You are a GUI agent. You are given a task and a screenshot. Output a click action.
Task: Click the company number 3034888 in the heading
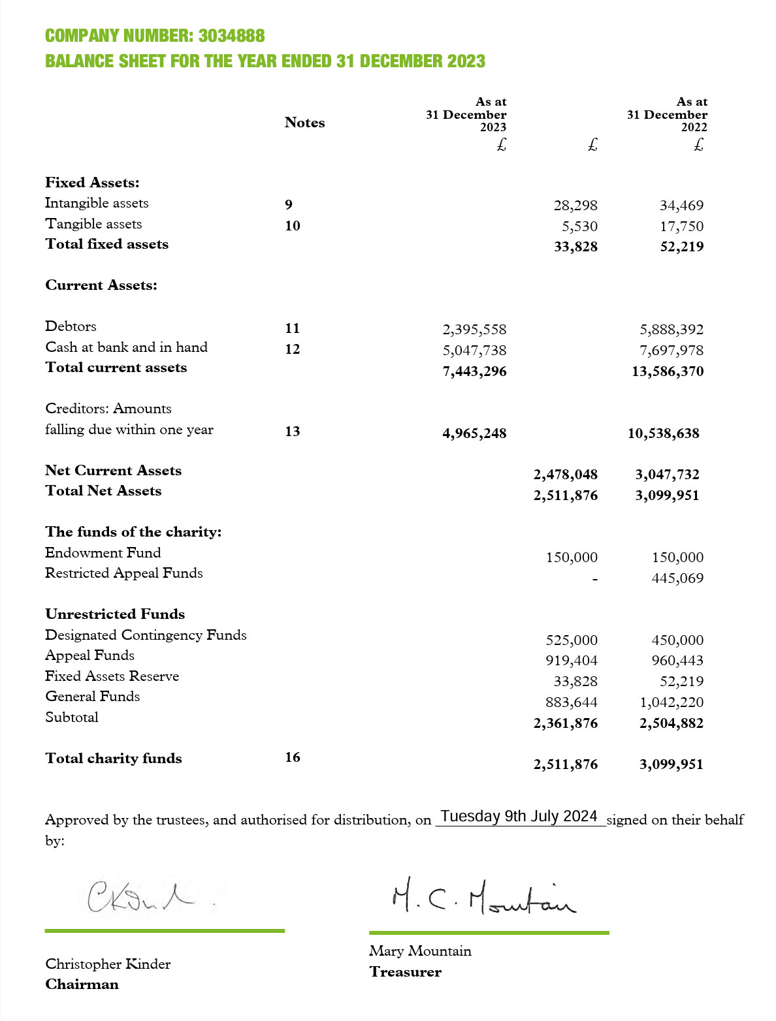[231, 36]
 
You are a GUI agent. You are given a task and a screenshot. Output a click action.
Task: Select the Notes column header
[304, 123]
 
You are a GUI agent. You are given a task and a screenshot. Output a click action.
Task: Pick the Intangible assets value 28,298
[575, 206]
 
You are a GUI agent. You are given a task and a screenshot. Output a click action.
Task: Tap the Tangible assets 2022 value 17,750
[681, 227]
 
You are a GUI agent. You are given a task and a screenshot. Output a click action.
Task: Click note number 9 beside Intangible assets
[289, 205]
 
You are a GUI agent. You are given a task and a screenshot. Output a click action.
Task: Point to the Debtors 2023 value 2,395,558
[474, 330]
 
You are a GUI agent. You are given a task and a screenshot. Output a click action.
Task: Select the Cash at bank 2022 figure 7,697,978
[671, 351]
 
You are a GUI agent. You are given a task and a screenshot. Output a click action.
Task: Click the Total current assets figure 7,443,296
[474, 371]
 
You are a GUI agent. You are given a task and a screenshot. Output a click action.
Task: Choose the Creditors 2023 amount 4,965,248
[474, 433]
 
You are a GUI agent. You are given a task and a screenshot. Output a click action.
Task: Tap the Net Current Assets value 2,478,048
[565, 475]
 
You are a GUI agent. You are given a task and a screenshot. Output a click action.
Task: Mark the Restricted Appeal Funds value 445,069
[677, 578]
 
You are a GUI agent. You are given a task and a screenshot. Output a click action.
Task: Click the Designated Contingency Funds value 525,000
[572, 640]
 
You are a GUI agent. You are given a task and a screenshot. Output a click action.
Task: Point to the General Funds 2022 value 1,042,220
[671, 702]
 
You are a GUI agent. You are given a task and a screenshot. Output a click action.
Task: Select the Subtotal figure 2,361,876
[565, 723]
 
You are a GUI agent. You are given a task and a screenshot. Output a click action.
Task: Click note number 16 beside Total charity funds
[293, 757]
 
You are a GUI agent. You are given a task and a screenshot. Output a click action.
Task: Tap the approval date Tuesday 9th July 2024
[519, 817]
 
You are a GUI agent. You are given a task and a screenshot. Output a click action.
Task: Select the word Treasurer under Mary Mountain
[405, 972]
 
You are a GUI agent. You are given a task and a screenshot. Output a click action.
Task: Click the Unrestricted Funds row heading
[115, 614]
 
